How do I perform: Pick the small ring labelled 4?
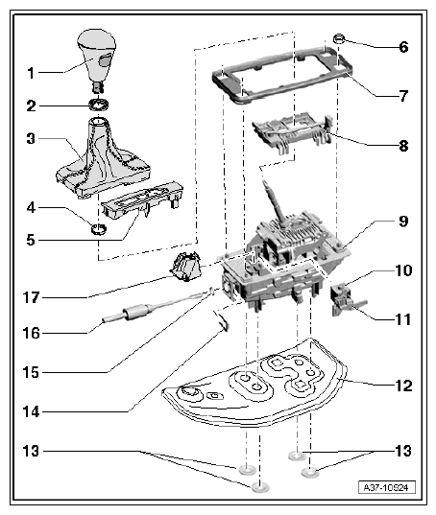pyautogui.click(x=97, y=228)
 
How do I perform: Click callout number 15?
pyautogui.click(x=30, y=371)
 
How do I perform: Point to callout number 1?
pyautogui.click(x=30, y=72)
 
